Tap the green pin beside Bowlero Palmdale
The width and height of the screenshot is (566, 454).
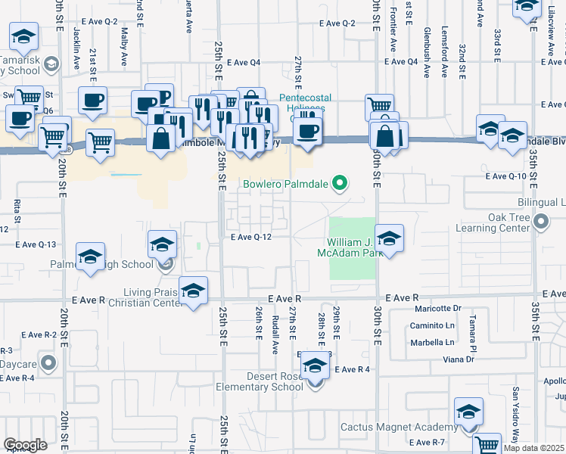[x=340, y=182]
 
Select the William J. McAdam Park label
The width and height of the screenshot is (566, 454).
[x=349, y=247]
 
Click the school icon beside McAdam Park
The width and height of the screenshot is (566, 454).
[x=389, y=239]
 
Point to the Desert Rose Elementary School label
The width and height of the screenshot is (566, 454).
[x=264, y=381]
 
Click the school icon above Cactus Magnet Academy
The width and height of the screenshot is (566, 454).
[x=468, y=412]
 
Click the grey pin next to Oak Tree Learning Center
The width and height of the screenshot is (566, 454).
[x=541, y=222]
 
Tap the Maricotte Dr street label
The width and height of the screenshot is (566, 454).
[x=437, y=309]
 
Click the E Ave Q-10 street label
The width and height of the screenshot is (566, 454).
[x=505, y=176]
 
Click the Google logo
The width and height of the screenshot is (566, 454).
[x=25, y=444]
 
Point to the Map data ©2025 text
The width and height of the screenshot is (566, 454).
[x=534, y=448]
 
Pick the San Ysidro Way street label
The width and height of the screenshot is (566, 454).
[x=515, y=409]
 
